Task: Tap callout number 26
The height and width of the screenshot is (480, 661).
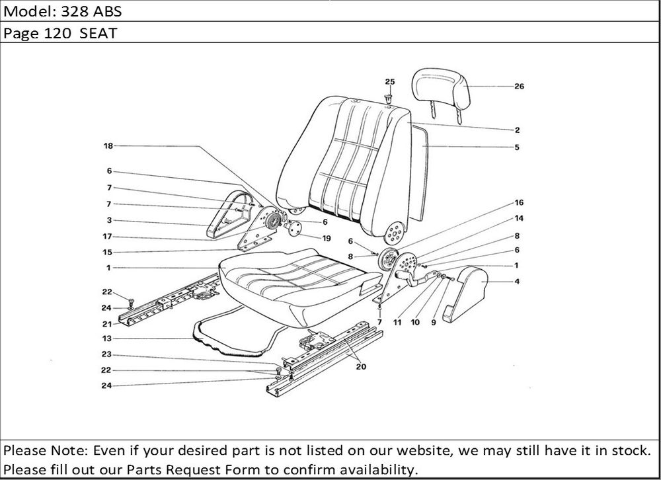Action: [519, 86]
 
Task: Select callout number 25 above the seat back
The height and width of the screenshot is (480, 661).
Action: [390, 81]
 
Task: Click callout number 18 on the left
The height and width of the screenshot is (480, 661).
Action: [108, 145]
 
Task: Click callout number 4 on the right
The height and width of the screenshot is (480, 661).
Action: [518, 282]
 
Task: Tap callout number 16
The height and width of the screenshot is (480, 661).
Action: [519, 202]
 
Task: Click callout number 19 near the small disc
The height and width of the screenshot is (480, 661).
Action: [326, 238]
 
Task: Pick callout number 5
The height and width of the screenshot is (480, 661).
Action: [517, 147]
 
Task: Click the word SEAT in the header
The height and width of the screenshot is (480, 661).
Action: [98, 34]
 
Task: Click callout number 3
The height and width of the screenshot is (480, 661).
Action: [108, 220]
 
